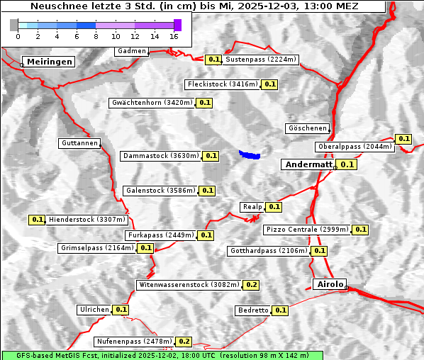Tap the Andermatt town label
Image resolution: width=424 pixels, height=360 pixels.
[x=308, y=164]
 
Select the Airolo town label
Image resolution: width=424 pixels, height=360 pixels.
[x=329, y=284]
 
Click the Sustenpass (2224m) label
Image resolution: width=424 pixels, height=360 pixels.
[x=261, y=60]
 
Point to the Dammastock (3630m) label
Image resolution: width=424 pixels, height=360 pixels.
[x=160, y=155]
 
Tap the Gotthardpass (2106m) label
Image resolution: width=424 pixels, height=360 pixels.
[x=268, y=251]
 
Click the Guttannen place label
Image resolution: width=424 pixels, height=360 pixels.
[x=79, y=143]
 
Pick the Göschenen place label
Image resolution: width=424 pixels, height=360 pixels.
[x=308, y=128]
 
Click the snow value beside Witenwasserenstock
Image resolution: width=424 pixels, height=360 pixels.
[x=251, y=285]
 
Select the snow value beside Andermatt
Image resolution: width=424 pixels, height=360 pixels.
[x=347, y=164]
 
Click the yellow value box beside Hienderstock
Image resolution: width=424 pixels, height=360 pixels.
[x=38, y=220]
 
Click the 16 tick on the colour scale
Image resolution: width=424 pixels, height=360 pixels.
[x=174, y=35]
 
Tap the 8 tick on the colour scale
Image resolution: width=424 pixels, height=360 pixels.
[x=96, y=35]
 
